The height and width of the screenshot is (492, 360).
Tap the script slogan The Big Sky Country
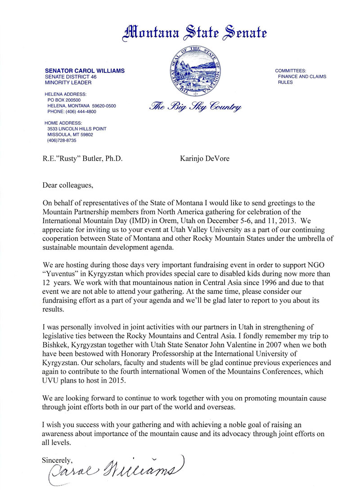(x=195, y=107)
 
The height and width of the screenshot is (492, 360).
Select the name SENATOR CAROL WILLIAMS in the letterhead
(x=85, y=71)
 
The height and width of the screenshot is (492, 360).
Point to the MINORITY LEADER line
(x=68, y=83)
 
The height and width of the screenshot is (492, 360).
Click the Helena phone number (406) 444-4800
(x=72, y=112)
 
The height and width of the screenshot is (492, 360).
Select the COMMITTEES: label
(x=291, y=71)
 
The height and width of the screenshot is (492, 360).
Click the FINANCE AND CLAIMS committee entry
(x=301, y=77)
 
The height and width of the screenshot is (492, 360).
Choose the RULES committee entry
(x=285, y=82)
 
